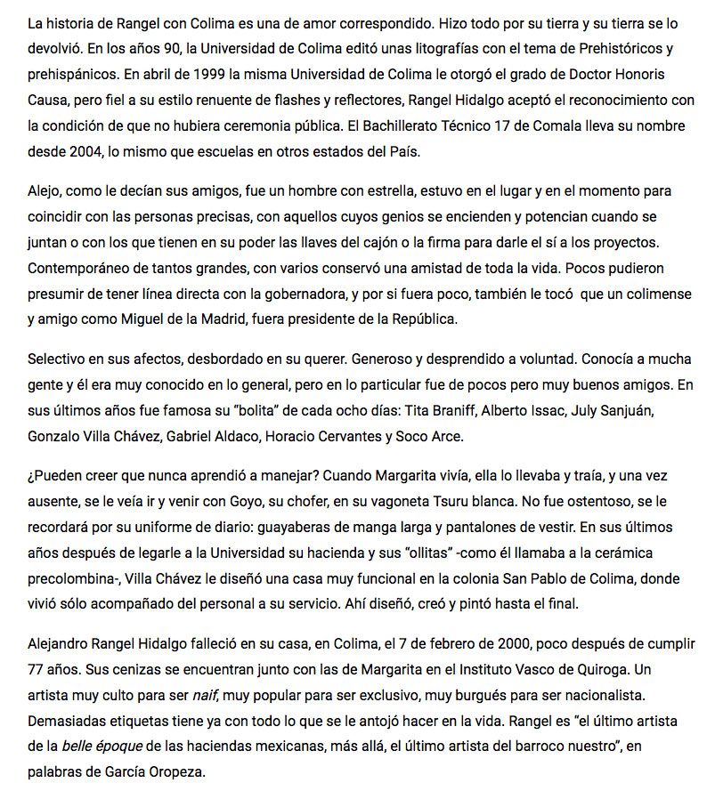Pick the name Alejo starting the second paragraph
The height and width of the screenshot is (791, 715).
45,191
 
